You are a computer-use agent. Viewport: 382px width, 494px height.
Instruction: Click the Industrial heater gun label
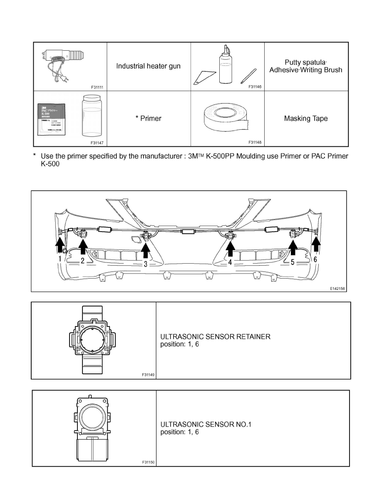point(148,66)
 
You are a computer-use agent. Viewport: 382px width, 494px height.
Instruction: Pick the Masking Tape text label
point(306,119)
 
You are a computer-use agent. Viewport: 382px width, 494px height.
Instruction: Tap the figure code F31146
point(255,86)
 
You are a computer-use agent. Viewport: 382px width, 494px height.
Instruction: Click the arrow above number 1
point(60,244)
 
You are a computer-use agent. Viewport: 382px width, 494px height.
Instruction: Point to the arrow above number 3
point(146,249)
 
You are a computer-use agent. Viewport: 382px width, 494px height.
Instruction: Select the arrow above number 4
point(230,249)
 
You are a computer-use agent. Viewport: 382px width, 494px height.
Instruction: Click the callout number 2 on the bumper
point(82,261)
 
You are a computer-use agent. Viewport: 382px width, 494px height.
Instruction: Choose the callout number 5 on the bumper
point(293,262)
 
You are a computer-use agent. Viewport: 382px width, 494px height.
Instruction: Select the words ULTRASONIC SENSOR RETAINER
point(215,337)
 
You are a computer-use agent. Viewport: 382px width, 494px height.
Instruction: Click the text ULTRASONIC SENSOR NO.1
point(206,425)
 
